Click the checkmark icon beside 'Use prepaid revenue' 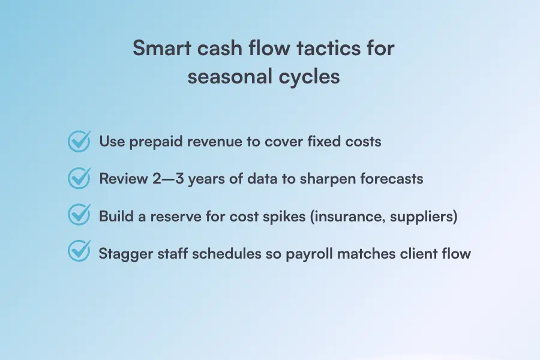tap(79, 141)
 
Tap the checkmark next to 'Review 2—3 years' tap(79, 178)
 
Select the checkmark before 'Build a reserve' tap(79, 215)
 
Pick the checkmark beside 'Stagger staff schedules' tap(79, 251)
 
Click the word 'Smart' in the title tap(162, 47)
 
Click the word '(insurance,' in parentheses tap(347, 217)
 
